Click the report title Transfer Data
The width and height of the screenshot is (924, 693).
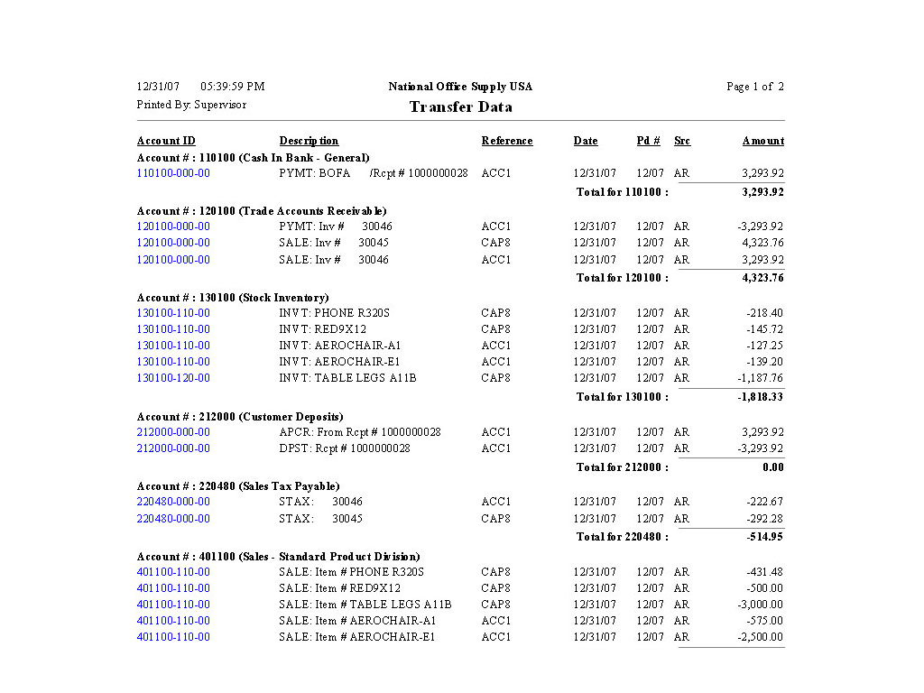tap(460, 107)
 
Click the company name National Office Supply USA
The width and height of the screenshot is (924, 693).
tap(460, 87)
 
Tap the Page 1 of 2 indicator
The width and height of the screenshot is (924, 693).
tap(754, 87)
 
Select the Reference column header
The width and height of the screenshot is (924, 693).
tap(506, 141)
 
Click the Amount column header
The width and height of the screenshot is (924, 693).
tap(762, 141)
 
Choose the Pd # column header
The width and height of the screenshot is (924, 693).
tap(648, 141)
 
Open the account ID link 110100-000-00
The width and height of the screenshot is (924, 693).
tap(173, 173)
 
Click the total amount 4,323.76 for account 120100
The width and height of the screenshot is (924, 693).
tap(762, 278)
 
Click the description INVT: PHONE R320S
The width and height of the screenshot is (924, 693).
tap(334, 313)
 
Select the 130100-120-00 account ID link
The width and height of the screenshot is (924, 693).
tap(173, 378)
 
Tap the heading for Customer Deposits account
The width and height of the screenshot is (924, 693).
tap(240, 417)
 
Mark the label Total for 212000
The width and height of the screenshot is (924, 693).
tap(622, 467)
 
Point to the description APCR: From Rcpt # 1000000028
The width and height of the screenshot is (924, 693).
tap(359, 432)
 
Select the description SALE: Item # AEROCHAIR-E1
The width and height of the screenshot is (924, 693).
tap(356, 637)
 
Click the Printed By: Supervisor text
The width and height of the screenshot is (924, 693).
tap(191, 105)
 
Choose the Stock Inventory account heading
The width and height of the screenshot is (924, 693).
tap(233, 298)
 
